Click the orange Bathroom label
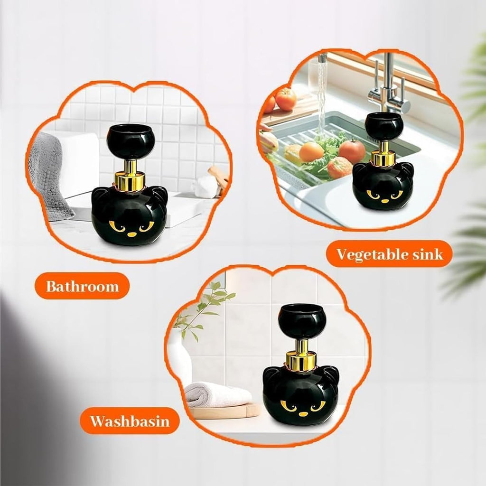pyautogui.click(x=82, y=286)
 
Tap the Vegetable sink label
pyautogui.click(x=389, y=254)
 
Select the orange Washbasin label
pyautogui.click(x=130, y=421)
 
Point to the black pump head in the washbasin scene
pyautogui.click(x=301, y=322)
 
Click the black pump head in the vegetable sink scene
pyautogui.click(x=383, y=126)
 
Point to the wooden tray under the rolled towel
pyautogui.click(x=223, y=411)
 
